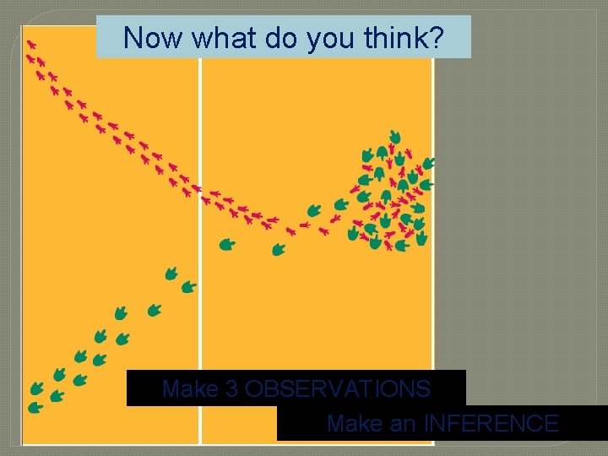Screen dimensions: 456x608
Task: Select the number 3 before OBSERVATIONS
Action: click(232, 389)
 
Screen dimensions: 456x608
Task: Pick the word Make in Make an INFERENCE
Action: click(354, 423)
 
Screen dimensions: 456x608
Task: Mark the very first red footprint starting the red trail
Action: click(31, 44)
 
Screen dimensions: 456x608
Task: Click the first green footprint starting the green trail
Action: click(35, 408)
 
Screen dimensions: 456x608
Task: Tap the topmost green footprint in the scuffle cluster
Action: click(394, 136)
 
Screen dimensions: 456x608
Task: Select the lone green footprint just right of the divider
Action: click(227, 245)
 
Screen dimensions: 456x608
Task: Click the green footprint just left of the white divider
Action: click(189, 287)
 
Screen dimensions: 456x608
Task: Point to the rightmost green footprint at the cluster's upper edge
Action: click(428, 163)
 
